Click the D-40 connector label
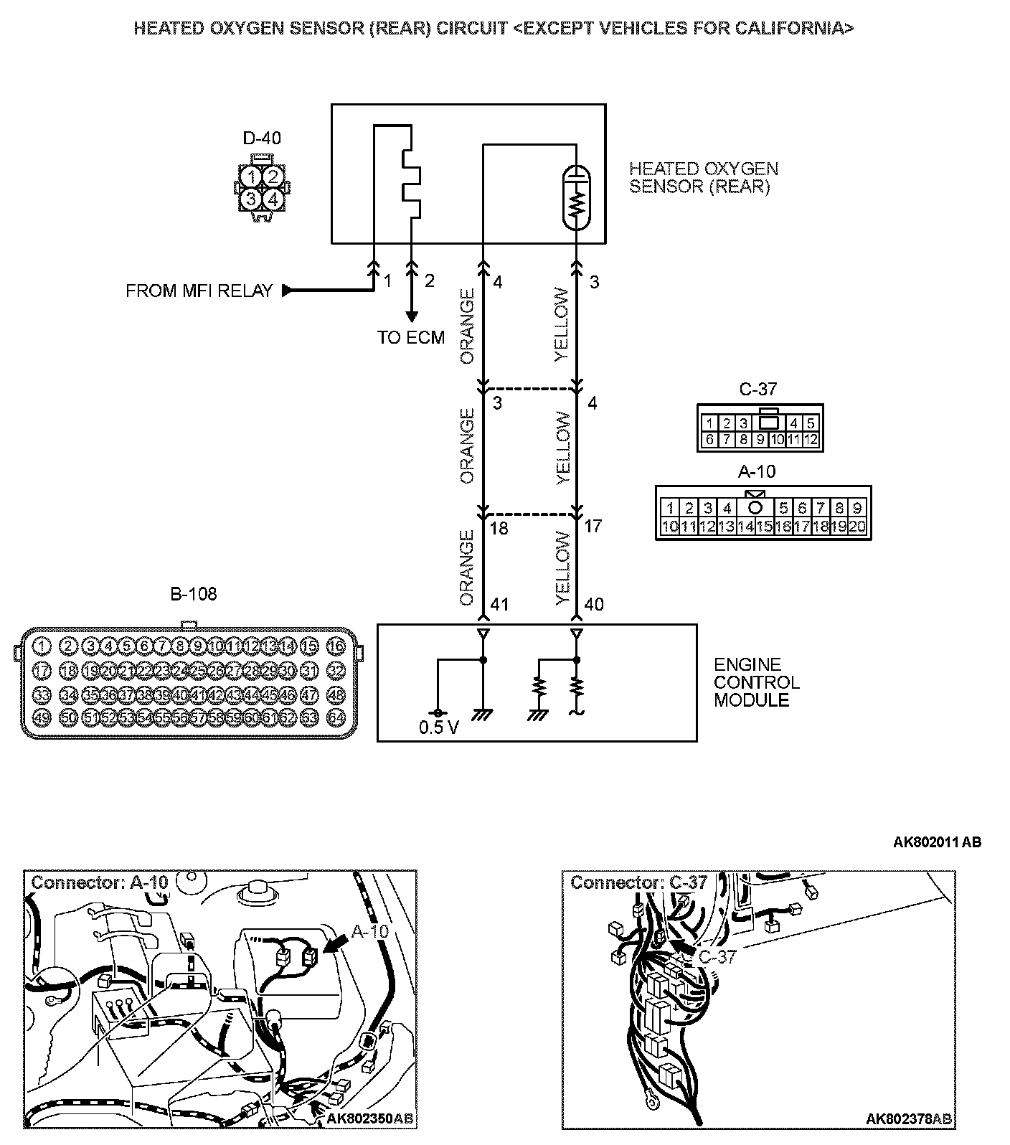pyautogui.click(x=262, y=138)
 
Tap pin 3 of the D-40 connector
pyautogui.click(x=250, y=199)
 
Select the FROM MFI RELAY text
pyautogui.click(x=199, y=291)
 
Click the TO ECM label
pyautogui.click(x=411, y=337)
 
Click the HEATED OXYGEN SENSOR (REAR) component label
pyautogui.click(x=703, y=178)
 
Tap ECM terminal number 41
pyautogui.click(x=499, y=605)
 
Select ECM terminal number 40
pyautogui.click(x=594, y=605)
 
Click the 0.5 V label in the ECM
pyautogui.click(x=439, y=728)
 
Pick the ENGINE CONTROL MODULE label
pyautogui.click(x=756, y=682)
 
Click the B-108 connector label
pyautogui.click(x=193, y=593)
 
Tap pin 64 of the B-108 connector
pyautogui.click(x=336, y=716)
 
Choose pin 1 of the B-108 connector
pyautogui.click(x=41, y=646)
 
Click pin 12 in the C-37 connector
pyautogui.click(x=811, y=440)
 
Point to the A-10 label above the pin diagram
pyautogui.click(x=757, y=472)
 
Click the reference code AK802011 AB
pyautogui.click(x=937, y=842)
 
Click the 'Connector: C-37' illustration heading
pyautogui.click(x=638, y=882)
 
